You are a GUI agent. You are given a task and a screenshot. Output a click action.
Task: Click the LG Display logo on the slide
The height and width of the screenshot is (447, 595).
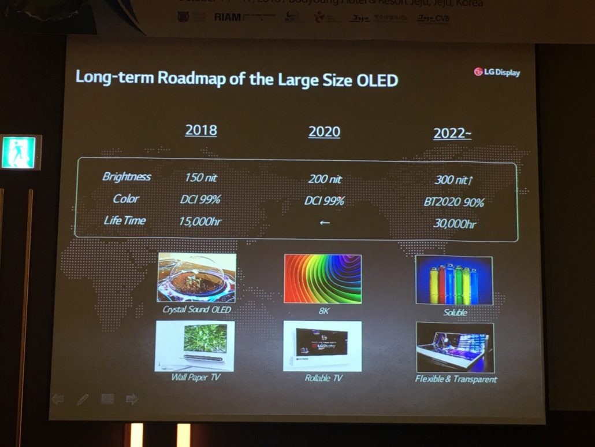click(x=497, y=72)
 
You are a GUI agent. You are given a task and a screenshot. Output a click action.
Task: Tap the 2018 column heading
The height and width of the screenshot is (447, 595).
click(x=201, y=130)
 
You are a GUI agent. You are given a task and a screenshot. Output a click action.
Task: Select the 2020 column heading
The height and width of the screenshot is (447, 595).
click(x=324, y=132)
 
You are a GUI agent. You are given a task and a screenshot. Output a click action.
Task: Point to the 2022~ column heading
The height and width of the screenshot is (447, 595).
click(x=452, y=134)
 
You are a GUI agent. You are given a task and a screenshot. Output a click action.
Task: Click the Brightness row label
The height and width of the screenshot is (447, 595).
click(x=127, y=177)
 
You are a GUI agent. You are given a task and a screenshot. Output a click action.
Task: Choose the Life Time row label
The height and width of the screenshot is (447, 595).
click(x=125, y=220)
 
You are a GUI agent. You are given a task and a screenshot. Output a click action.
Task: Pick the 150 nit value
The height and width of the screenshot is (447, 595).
click(x=201, y=178)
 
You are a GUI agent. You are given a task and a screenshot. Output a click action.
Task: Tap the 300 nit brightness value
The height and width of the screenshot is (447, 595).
click(x=454, y=180)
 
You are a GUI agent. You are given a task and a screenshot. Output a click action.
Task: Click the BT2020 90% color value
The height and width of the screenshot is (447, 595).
click(x=453, y=202)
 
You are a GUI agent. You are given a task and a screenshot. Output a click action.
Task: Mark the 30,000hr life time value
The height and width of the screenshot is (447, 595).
click(x=455, y=224)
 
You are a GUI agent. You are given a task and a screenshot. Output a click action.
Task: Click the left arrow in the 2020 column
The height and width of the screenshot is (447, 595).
click(x=325, y=223)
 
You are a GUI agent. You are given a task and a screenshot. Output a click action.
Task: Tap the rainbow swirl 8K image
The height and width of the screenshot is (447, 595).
click(x=322, y=279)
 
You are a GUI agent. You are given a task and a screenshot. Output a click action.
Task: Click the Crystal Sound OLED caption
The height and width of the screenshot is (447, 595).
click(x=196, y=310)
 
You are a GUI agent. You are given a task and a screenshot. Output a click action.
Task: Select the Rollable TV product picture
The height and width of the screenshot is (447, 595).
click(x=322, y=346)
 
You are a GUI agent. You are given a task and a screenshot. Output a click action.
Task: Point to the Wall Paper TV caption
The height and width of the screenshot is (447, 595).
click(x=196, y=378)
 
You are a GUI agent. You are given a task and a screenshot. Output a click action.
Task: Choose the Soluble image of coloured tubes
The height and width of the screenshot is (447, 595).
click(x=454, y=280)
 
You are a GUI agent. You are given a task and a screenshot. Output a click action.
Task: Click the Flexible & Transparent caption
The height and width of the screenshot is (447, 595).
click(x=456, y=379)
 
